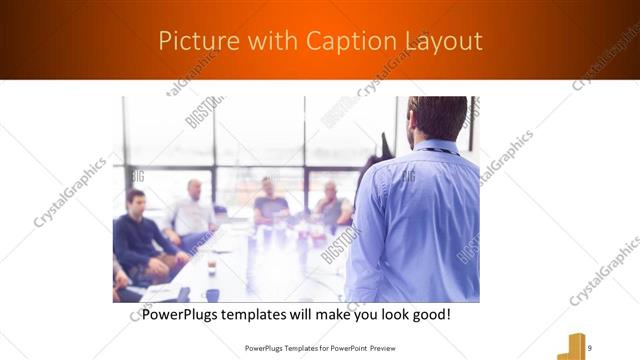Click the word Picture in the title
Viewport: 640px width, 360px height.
tap(192, 41)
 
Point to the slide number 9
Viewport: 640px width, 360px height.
tap(589, 347)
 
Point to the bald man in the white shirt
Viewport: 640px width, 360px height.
tap(192, 210)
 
